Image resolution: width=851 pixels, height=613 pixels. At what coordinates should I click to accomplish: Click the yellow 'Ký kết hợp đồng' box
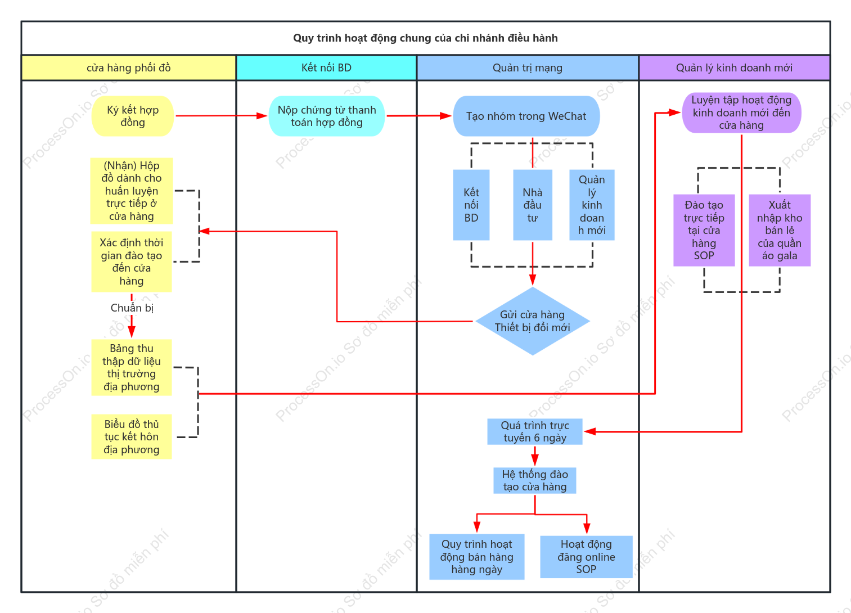133,116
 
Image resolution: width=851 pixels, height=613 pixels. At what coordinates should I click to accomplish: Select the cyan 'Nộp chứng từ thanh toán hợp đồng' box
327,116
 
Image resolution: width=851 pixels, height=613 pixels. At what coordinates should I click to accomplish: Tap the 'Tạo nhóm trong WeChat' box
526,116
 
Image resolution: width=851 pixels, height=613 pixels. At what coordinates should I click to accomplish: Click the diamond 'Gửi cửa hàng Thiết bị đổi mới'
532,321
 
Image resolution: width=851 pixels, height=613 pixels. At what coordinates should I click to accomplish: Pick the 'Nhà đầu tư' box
532,205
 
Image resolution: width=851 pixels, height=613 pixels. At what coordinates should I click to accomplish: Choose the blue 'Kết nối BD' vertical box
471,205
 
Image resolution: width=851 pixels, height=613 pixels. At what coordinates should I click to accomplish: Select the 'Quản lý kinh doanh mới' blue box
592,205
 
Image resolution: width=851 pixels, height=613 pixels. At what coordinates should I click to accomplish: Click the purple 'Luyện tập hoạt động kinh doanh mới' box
741,112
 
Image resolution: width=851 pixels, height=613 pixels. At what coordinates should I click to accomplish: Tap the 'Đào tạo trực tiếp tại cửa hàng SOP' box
704,230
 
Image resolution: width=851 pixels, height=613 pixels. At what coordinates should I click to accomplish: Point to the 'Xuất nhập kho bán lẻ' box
779,230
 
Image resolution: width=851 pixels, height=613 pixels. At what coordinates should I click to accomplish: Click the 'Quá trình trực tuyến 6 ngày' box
534,431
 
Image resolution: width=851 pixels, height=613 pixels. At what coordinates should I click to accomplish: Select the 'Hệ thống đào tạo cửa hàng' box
534,480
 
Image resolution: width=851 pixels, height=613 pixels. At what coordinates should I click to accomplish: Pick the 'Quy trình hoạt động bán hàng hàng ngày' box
476,557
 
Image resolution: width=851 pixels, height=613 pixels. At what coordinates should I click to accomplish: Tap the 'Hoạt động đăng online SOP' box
586,557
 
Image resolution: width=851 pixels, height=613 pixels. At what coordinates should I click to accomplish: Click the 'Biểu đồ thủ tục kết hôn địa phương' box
132,437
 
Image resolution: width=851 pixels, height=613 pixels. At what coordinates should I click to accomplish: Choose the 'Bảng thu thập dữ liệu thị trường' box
132,367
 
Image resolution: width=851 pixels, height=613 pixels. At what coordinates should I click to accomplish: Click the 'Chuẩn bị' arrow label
132,308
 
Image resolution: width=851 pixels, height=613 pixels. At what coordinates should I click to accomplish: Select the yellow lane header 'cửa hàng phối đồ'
129,67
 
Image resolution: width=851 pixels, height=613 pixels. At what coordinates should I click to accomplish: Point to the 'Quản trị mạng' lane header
528,67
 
